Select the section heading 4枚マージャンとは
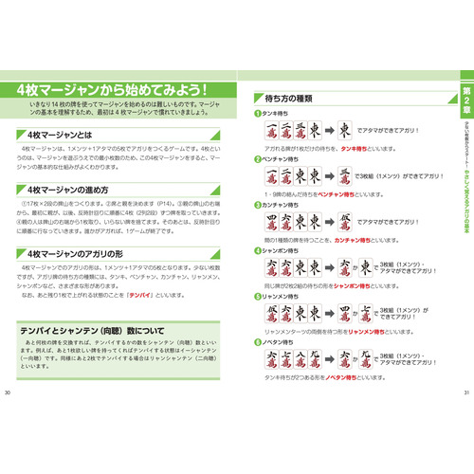(x=66, y=135)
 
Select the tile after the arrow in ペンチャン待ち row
(x=348, y=176)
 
